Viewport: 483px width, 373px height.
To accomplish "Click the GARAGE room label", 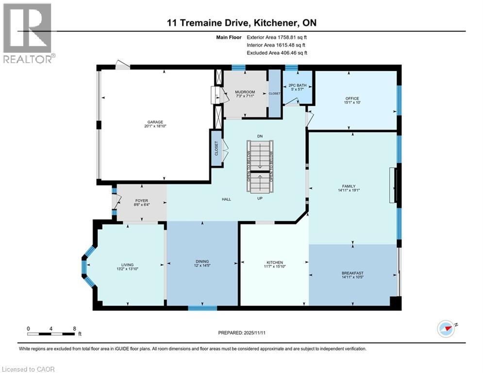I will pos(155,122).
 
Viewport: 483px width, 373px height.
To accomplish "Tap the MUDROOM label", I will pos(245,92).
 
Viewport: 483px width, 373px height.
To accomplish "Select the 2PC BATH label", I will pos(297,84).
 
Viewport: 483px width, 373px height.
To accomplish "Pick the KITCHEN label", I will pos(274,263).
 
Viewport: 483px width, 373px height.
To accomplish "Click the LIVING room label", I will pos(128,265).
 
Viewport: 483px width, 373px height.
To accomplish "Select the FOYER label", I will pos(142,201).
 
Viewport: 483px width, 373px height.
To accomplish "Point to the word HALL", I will pos(226,199).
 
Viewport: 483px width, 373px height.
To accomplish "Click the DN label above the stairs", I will pos(260,136).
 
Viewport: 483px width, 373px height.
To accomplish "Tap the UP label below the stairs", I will pos(260,198).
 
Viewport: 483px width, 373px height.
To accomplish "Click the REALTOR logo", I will pos(28,33).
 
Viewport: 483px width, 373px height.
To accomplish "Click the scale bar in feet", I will pos(51,334).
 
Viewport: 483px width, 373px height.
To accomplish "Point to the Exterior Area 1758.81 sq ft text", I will pos(277,36).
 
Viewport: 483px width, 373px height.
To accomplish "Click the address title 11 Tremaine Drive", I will pos(241,23).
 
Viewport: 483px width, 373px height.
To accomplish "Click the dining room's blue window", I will pos(202,307).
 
